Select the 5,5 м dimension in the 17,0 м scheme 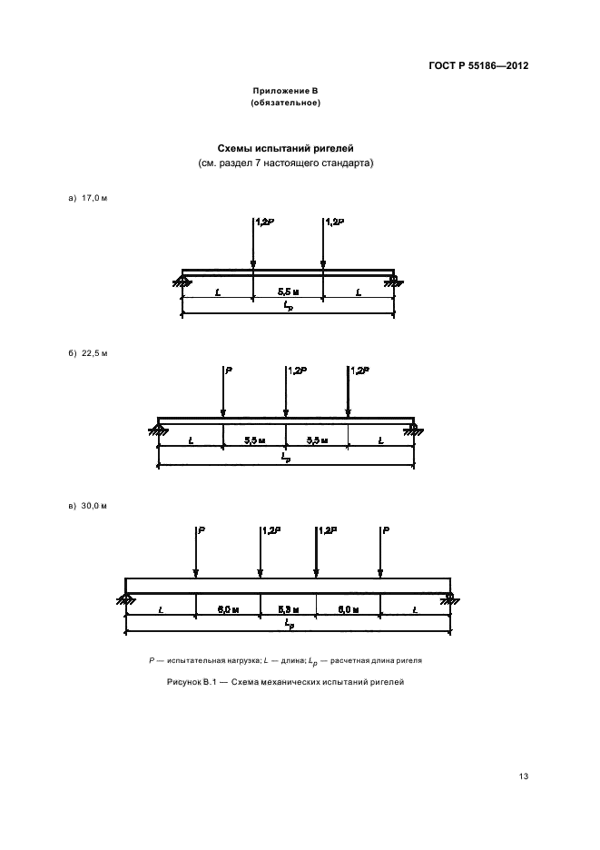tap(288, 292)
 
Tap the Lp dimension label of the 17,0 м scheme tap(289, 309)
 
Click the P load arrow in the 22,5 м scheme tap(223, 392)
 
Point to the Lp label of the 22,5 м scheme tap(287, 459)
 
